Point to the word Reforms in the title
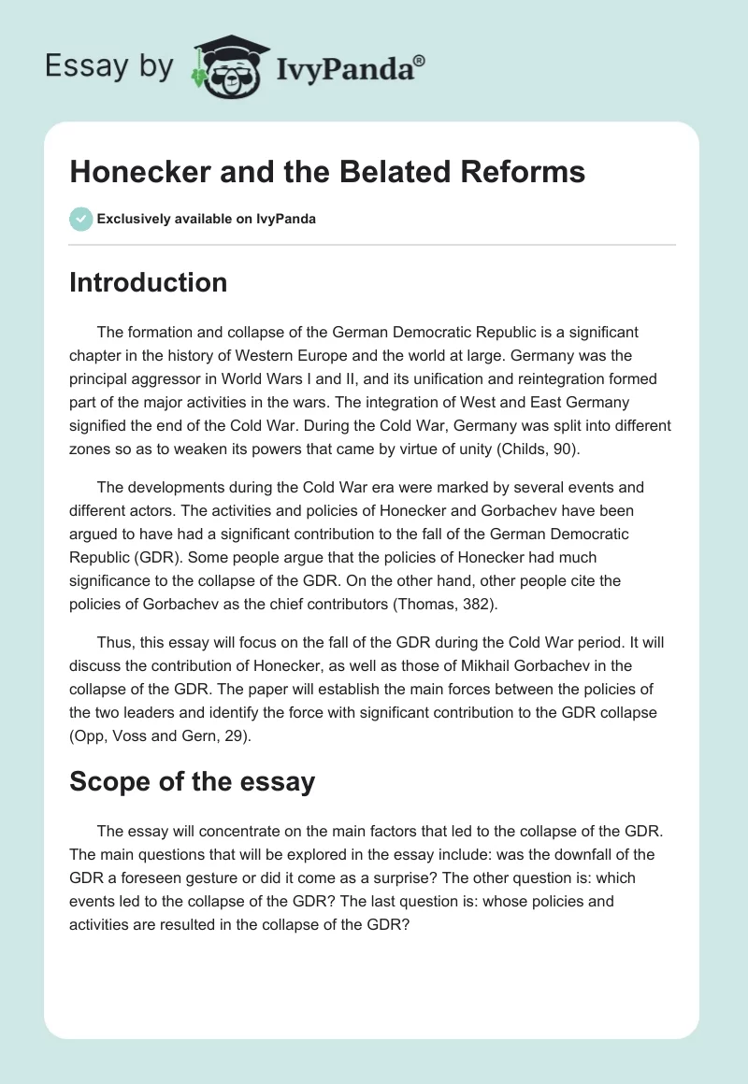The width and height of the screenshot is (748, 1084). coord(523,171)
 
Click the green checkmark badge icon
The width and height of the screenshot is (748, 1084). coord(80,219)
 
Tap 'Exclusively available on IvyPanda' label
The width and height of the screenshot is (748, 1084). coord(207,220)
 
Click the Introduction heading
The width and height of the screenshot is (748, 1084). coord(148,282)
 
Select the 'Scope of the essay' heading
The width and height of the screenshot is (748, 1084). coord(192,781)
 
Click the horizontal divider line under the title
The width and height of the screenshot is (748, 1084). coord(372,245)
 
